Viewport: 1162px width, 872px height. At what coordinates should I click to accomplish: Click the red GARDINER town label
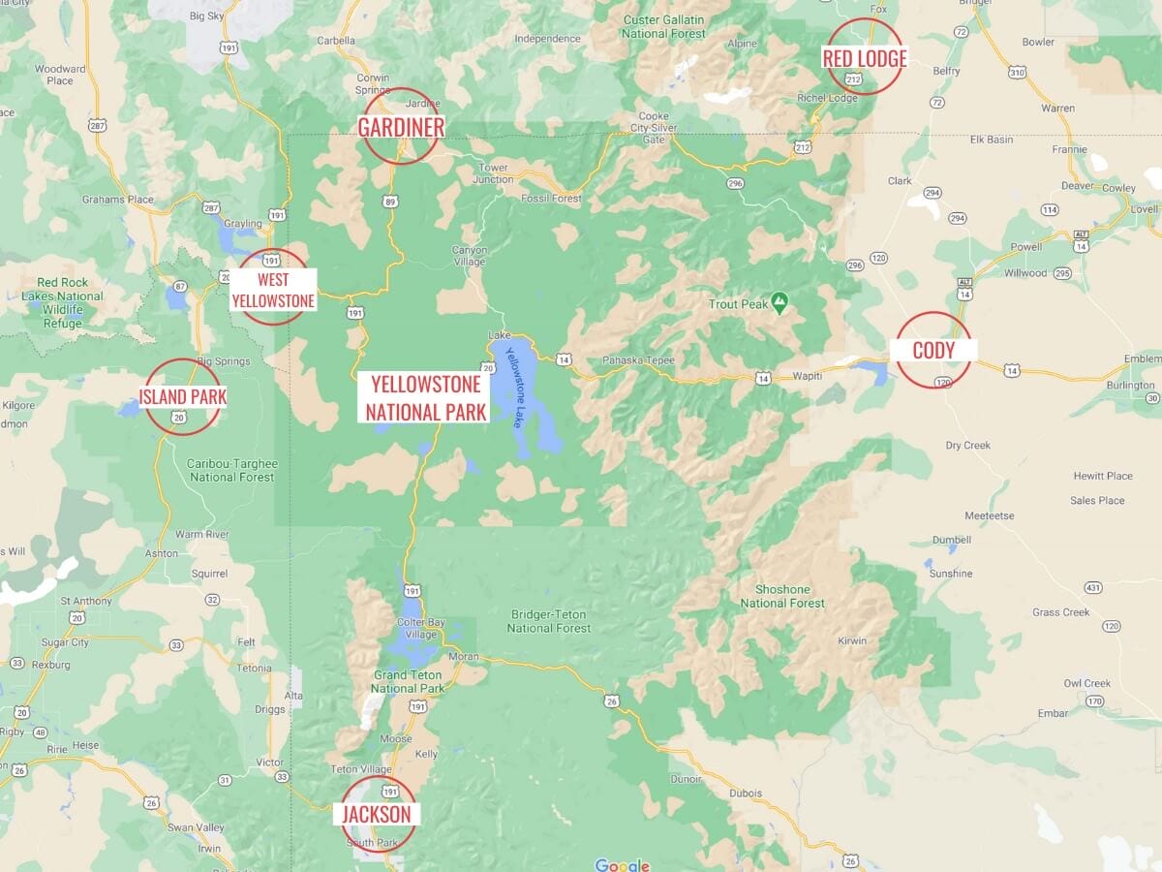click(x=401, y=127)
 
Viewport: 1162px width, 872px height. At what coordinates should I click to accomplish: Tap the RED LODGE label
click(x=864, y=58)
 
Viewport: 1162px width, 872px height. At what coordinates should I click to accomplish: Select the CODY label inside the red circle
click(x=933, y=350)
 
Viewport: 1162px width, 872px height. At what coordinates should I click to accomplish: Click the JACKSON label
click(x=377, y=814)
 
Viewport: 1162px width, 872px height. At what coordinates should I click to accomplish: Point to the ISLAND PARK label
click(x=182, y=396)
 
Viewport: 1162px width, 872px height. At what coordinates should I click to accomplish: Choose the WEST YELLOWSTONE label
click(x=273, y=291)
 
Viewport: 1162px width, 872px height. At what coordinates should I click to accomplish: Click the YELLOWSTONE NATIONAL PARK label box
click(x=426, y=397)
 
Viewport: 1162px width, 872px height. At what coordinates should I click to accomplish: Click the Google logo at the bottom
click(x=622, y=865)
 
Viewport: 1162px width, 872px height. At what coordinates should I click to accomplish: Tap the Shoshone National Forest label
click(x=782, y=596)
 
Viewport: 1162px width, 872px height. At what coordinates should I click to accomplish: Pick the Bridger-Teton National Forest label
click(x=549, y=621)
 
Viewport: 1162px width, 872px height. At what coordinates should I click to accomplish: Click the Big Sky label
click(x=207, y=16)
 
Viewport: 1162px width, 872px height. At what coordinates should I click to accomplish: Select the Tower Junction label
click(x=494, y=173)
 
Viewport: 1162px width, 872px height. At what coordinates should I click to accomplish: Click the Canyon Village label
click(x=470, y=256)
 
